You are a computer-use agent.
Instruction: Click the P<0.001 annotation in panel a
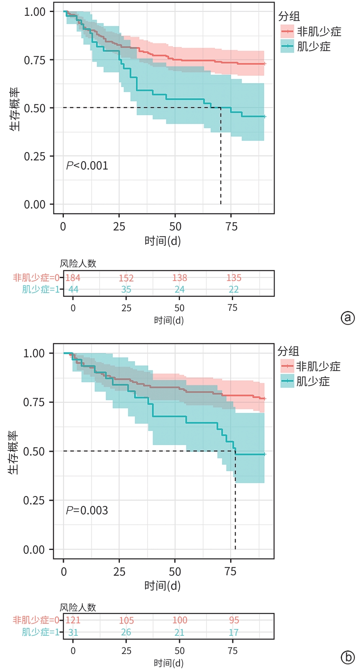[87, 166]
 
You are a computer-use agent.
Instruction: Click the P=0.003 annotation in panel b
[87, 510]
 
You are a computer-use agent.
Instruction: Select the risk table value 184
[73, 278]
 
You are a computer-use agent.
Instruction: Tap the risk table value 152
[126, 278]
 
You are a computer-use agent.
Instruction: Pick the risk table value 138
[180, 278]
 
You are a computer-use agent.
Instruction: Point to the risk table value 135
[234, 278]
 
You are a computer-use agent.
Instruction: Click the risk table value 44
[73, 289]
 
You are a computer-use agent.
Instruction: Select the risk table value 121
[73, 620]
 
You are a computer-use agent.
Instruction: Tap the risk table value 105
[126, 620]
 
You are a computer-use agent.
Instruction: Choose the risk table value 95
[234, 620]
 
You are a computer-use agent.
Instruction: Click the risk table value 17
[234, 632]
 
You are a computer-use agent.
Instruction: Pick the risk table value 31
[73, 632]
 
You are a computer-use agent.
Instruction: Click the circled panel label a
[348, 318]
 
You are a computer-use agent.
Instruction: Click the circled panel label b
[348, 657]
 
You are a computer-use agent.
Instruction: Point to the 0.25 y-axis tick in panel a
[35, 156]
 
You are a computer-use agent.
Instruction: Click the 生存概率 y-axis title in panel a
[15, 109]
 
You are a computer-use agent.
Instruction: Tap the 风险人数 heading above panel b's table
[78, 608]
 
